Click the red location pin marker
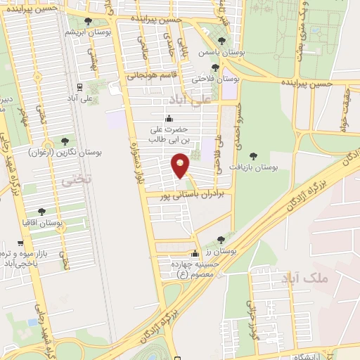181,166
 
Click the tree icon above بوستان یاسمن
222,41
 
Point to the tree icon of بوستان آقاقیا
41,211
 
